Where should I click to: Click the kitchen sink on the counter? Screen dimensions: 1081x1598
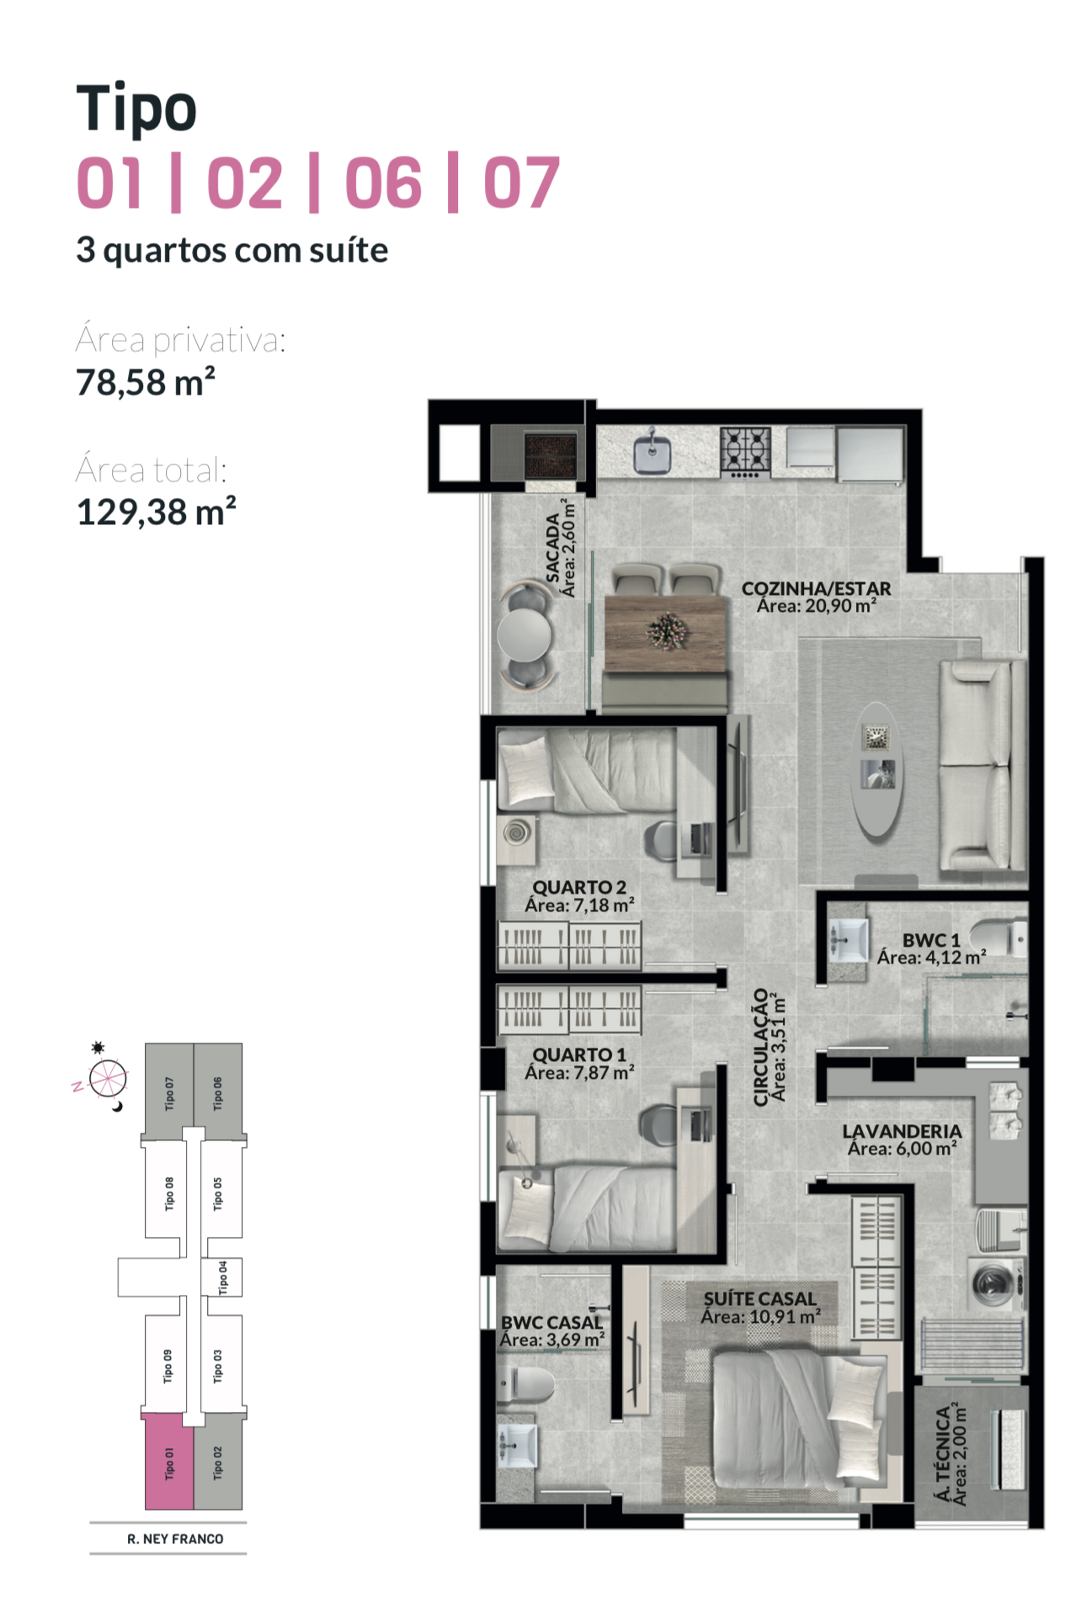click(x=652, y=453)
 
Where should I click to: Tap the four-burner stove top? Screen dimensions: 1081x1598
click(x=745, y=450)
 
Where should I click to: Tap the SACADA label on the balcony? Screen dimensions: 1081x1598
click(x=553, y=548)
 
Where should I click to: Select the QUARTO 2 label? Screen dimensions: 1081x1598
click(x=579, y=887)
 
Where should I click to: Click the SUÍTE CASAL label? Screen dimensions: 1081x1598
click(x=760, y=1298)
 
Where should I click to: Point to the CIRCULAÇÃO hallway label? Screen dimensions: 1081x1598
click(x=761, y=1047)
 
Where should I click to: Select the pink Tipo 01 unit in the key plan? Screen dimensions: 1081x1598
click(x=169, y=1463)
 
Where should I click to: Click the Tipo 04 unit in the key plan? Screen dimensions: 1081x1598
click(x=222, y=1277)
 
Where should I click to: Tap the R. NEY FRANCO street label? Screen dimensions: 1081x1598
click(x=175, y=1538)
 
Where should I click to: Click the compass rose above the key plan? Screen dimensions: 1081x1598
click(x=108, y=1078)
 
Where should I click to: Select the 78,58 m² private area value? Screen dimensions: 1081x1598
click(x=146, y=382)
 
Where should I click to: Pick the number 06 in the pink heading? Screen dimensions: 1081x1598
click(x=383, y=183)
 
